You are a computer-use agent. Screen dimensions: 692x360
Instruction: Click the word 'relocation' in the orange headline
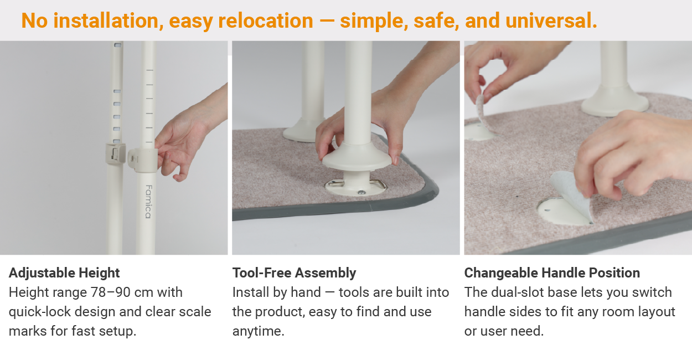266,20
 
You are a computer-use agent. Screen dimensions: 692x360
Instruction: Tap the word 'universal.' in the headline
551,20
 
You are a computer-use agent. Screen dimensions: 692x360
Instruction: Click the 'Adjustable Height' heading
64,273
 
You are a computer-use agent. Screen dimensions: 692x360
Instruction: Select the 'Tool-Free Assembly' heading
294,273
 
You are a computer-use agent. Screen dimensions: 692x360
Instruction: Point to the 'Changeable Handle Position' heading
552,273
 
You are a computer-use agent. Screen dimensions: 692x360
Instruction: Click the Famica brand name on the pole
148,202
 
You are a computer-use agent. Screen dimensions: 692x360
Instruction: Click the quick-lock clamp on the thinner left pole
115,153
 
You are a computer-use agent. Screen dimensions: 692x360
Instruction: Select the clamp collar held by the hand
143,160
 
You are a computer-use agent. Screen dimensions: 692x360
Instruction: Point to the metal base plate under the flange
355,186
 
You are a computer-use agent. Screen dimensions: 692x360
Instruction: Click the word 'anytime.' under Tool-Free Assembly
259,331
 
